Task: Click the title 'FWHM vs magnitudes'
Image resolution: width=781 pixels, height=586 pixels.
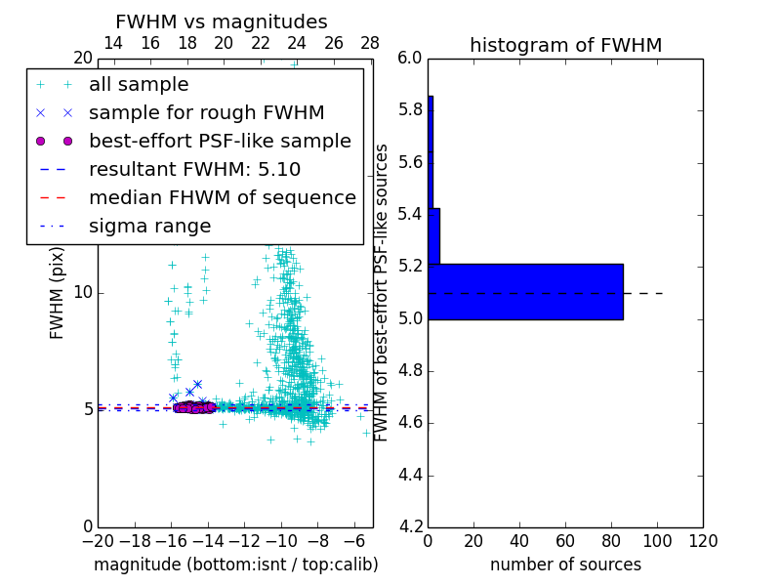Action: [221, 21]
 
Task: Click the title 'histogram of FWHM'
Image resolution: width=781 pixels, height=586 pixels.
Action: [565, 45]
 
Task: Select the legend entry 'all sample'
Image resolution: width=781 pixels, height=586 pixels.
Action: [139, 85]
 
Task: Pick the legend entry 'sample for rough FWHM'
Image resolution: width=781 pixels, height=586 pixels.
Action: [206, 112]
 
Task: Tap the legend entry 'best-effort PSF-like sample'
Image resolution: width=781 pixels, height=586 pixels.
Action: [220, 141]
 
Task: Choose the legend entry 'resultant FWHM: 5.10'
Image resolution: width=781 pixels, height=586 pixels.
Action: [194, 169]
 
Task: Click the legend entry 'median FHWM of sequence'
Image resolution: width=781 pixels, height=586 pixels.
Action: [222, 197]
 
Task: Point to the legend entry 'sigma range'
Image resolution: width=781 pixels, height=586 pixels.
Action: [149, 226]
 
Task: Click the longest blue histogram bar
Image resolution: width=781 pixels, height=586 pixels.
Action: [525, 291]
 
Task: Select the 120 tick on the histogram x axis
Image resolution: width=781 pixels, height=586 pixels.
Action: [703, 541]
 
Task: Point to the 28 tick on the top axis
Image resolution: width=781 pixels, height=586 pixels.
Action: [369, 43]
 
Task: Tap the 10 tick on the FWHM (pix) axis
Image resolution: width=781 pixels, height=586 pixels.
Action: [82, 292]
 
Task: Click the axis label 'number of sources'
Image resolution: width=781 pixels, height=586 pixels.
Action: [565, 565]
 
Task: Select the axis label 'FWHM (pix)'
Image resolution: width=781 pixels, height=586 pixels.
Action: [58, 292]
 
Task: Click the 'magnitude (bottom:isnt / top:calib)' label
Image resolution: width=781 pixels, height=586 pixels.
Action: [235, 565]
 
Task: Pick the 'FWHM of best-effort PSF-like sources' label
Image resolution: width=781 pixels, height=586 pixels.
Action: [383, 292]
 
